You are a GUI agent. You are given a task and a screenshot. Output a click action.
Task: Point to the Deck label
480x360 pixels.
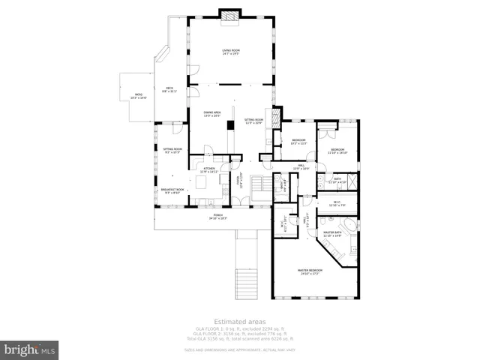coord(169,91)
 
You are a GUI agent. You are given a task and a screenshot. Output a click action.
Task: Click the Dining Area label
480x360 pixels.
coord(212,113)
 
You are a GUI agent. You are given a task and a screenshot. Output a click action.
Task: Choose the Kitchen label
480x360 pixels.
coord(208,170)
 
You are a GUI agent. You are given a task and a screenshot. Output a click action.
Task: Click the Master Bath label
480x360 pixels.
coord(332,234)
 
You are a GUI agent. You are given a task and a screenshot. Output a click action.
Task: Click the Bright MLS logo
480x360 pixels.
coord(30,349)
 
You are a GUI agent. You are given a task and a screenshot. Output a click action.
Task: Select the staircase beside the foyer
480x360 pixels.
coord(259,184)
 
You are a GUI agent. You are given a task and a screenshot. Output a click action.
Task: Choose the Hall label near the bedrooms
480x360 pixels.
coord(300,166)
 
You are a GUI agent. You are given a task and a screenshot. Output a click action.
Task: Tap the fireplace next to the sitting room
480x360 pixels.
coord(277,116)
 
